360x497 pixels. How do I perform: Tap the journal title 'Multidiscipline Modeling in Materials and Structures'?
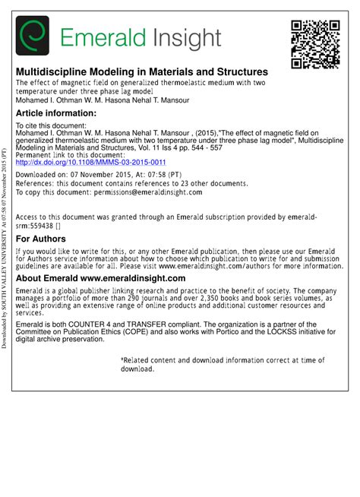click(142, 71)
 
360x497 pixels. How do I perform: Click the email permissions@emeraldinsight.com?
click(144, 192)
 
